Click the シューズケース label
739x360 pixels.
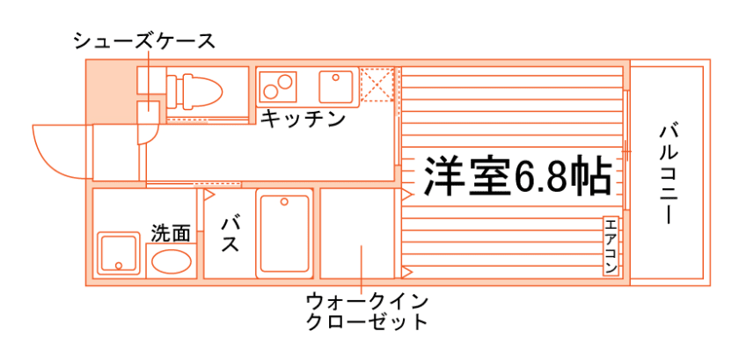143,40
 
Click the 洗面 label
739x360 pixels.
170,233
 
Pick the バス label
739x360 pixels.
230,232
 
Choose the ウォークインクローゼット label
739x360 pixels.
366,310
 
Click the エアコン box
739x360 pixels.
611,245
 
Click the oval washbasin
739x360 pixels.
171,261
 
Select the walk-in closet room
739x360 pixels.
356,233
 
